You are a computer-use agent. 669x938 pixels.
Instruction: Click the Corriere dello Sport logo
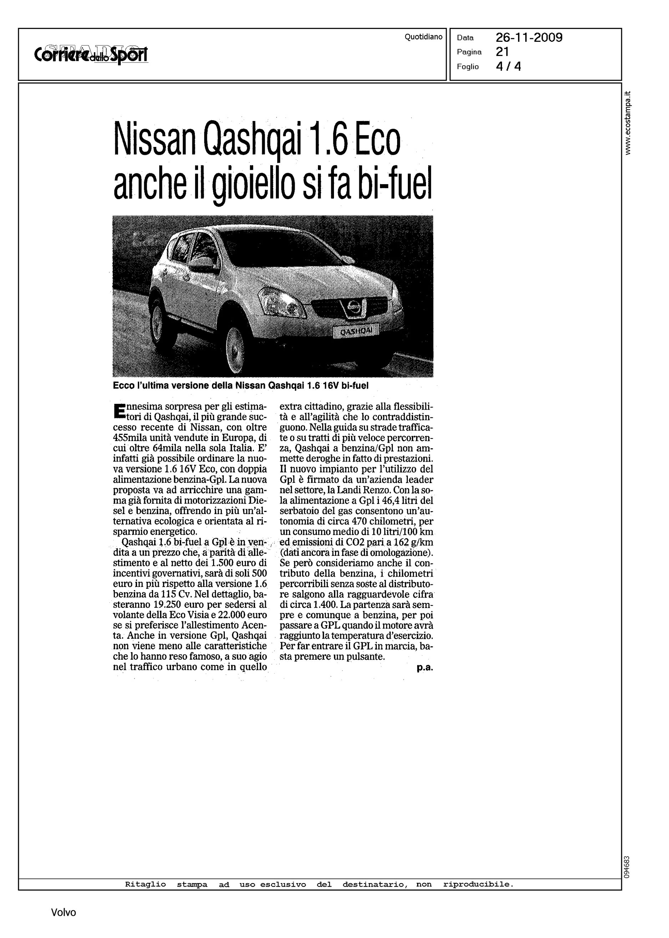(91, 55)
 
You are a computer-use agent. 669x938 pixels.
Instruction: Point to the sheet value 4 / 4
(508, 66)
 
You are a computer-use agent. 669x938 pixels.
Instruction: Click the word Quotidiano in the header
(423, 37)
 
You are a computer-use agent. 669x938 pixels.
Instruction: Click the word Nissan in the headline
(155, 141)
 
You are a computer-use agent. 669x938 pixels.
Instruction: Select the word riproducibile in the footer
(478, 884)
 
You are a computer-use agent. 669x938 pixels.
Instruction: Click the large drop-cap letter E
(119, 411)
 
